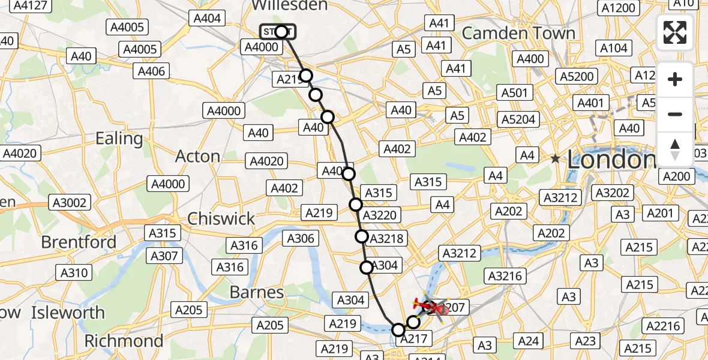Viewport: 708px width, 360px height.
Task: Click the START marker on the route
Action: point(278,31)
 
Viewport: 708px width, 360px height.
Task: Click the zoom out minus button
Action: point(675,114)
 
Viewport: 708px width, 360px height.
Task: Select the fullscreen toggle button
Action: point(675,32)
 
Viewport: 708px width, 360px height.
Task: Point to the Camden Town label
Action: point(518,33)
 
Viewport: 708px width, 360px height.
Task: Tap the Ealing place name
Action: point(119,139)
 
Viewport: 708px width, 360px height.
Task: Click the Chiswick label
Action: point(221,218)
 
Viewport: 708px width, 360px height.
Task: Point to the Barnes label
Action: point(257,292)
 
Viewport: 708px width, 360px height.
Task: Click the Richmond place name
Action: point(123,341)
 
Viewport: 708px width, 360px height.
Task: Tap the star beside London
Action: point(556,160)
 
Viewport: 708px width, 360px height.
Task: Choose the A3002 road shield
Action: point(70,203)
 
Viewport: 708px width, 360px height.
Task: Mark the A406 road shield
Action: point(151,71)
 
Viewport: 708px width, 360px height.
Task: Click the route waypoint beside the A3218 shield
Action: point(362,236)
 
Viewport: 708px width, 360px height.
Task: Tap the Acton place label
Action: point(197,157)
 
